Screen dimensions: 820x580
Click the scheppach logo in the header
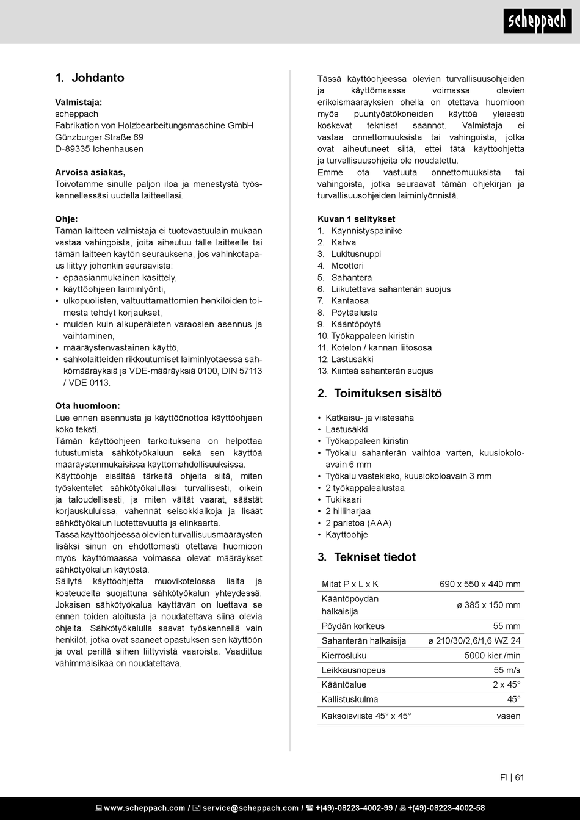[538, 21]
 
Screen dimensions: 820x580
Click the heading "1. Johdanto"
[90, 78]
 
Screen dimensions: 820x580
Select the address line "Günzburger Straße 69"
[99, 137]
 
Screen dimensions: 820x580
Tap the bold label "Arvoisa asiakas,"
[90, 172]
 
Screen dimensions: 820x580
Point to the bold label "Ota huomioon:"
[87, 406]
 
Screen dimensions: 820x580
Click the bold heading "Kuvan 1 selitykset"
[356, 219]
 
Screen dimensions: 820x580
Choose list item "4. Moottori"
[341, 266]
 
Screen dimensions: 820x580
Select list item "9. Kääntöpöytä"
[349, 324]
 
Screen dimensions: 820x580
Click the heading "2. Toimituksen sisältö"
[379, 394]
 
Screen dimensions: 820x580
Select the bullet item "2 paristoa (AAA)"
[358, 523]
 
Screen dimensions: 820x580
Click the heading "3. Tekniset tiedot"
[366, 557]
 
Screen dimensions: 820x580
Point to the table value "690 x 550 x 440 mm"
[480, 584]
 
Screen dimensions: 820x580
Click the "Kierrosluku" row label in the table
[344, 656]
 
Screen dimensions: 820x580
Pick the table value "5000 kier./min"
[492, 656]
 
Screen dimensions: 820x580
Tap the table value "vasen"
[509, 716]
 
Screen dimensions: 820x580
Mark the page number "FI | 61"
[512, 777]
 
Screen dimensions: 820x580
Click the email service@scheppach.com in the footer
[250, 808]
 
